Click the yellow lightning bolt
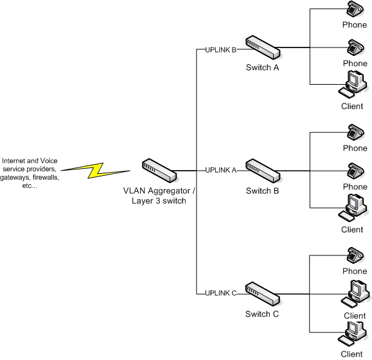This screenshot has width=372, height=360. (95, 170)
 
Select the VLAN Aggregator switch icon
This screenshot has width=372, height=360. (159, 171)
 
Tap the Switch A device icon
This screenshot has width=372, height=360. (263, 47)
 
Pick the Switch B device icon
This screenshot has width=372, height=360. (263, 171)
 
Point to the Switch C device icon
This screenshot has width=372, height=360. (262, 294)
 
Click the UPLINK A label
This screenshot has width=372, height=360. (221, 170)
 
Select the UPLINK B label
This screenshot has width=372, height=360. (221, 50)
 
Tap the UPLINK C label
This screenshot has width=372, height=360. (221, 293)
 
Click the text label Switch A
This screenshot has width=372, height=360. (262, 67)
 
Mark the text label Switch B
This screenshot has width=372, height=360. (262, 191)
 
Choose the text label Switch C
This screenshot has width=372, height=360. (262, 314)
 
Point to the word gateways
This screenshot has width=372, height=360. (15, 178)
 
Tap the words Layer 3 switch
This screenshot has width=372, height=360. (159, 201)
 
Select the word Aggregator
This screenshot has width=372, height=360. (169, 191)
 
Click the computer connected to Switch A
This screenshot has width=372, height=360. (353, 84)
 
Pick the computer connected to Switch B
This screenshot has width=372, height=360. (353, 208)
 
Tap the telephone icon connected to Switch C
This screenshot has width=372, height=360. (355, 255)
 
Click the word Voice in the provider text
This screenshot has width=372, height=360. (49, 160)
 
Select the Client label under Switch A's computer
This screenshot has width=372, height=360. (352, 106)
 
